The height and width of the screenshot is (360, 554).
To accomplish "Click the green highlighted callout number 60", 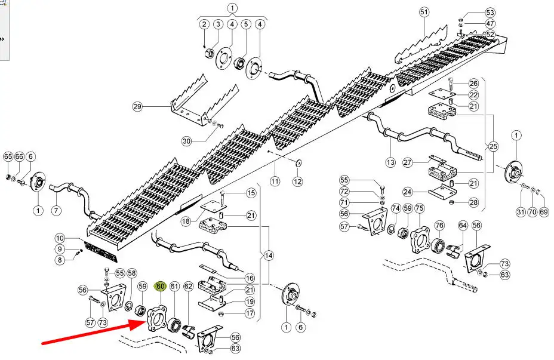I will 160,287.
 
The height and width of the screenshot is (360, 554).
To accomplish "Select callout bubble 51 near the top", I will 424,11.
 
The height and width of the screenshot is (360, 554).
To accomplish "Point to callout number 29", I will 138,107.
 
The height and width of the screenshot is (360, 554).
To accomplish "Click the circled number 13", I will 391,162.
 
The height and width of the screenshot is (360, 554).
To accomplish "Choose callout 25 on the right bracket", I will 493,146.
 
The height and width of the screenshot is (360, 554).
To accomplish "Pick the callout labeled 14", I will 269,256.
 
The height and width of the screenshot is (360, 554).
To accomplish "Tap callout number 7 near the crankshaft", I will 56,210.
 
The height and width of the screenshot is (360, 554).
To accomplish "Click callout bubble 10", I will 60,238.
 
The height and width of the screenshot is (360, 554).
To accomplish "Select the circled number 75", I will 420,208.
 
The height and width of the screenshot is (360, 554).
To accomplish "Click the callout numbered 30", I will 187,141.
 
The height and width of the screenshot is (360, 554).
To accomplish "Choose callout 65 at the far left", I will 8,156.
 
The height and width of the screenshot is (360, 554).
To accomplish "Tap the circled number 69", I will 544,211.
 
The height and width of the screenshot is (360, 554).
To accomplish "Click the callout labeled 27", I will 408,162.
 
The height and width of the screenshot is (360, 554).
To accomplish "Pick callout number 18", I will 186,221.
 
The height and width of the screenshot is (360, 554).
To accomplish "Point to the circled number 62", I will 188,287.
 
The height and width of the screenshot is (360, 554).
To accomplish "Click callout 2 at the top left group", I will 204,24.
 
